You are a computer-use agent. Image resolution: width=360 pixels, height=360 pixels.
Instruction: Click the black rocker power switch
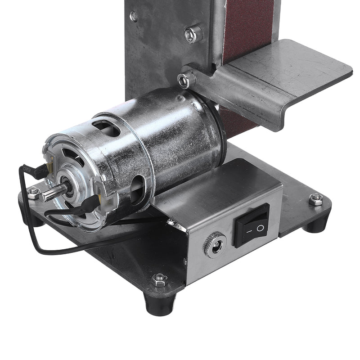coord(251,225)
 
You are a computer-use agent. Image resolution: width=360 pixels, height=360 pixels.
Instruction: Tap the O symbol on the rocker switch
coord(260,228)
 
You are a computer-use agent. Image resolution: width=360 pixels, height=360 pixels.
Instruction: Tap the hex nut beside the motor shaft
coord(33,193)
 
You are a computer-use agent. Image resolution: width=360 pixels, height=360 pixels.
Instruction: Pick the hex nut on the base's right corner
coord(316,198)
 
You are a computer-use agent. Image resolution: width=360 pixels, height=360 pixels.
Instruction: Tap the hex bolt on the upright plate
coord(193,34)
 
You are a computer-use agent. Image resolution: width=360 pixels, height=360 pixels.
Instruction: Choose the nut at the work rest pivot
coord(183,81)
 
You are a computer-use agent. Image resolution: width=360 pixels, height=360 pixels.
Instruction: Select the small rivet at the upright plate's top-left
coord(134,17)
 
